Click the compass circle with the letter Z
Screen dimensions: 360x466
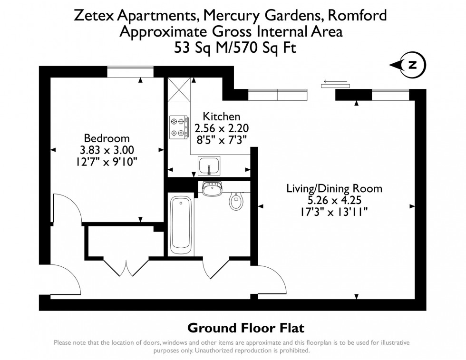(x=412, y=66)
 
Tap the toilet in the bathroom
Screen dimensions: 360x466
(x=236, y=201)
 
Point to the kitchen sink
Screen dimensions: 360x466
(x=208, y=166)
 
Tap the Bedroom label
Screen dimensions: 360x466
(x=107, y=138)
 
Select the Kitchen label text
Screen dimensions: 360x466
(x=222, y=117)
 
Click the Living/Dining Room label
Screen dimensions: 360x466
(x=334, y=188)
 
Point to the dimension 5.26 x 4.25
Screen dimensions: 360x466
(x=334, y=199)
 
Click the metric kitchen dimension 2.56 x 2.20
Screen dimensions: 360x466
(x=222, y=128)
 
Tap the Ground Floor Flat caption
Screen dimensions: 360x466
(x=246, y=328)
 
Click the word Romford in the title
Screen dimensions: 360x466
(x=357, y=16)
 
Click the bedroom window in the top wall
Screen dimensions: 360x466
(x=130, y=72)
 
